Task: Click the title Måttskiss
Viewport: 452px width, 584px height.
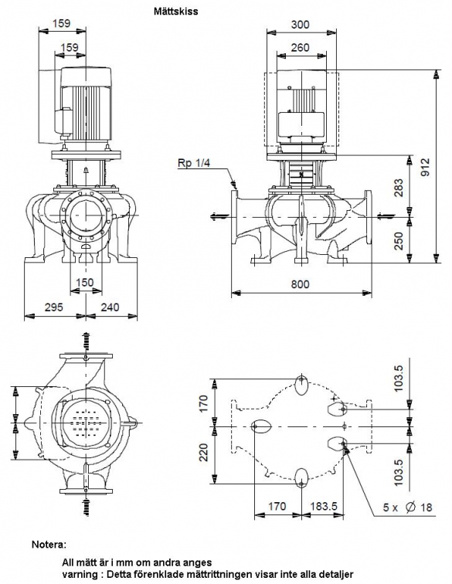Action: coord(176,11)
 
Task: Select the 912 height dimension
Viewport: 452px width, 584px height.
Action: coord(425,168)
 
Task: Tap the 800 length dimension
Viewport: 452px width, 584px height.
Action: coord(300,284)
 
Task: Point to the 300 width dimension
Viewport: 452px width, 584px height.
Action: coord(300,25)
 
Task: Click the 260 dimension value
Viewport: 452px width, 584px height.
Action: coord(300,48)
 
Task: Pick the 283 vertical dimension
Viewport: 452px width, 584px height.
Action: coord(399,188)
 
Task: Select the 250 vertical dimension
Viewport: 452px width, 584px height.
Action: coord(399,241)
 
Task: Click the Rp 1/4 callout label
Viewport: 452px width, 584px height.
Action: coord(194,163)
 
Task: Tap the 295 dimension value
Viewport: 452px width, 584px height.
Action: coord(54,307)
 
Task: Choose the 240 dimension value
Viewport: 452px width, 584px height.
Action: coord(110,307)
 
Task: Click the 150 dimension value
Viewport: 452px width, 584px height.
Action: coord(84,282)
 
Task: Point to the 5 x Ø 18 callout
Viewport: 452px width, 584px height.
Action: coord(408,507)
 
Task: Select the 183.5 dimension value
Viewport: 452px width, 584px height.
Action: coord(324,506)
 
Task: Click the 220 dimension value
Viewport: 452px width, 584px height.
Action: coord(203,452)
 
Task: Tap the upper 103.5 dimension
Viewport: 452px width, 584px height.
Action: coord(398,379)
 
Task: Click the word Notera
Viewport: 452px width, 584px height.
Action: coord(49,545)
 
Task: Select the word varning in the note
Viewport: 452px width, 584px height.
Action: coord(79,574)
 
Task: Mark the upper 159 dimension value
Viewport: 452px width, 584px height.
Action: coord(61,23)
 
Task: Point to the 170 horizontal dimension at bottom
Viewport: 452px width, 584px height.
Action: coord(277,506)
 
